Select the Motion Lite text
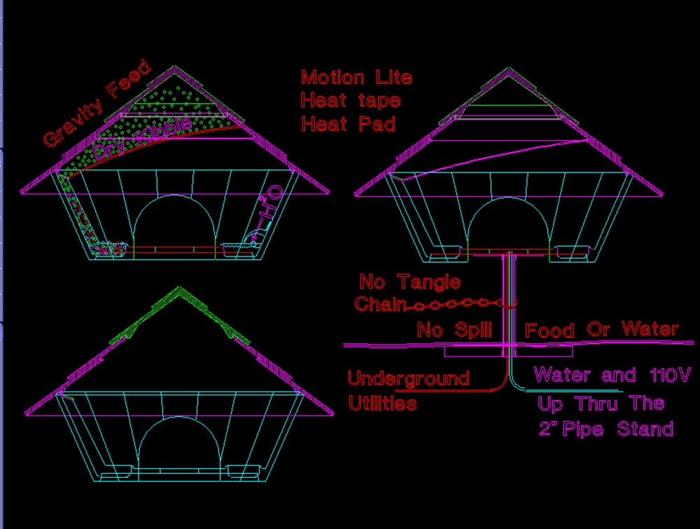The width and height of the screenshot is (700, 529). pos(356,77)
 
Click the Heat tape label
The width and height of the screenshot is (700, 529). pos(350,100)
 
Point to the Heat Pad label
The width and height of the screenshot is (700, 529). pos(348,124)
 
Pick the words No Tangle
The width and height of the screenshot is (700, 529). pos(409,282)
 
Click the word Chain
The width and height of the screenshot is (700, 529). pos(380,304)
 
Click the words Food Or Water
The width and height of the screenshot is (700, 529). pos(601,329)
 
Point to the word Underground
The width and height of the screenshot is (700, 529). pos(408,379)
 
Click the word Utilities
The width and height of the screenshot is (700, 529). pos(382,404)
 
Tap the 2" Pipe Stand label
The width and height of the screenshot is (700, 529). pos(605,428)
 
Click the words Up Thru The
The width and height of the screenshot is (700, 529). pos(601,403)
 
